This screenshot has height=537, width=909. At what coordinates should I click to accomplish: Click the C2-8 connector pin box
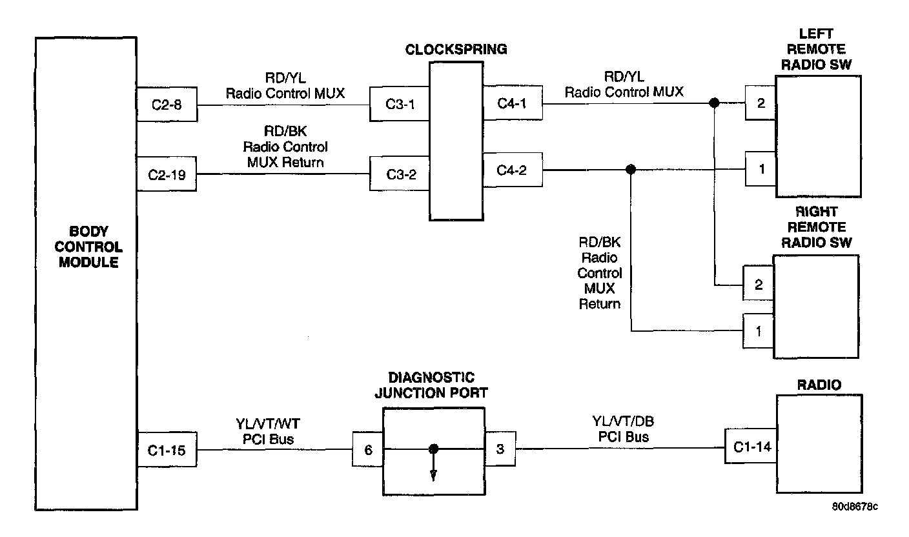tap(167, 104)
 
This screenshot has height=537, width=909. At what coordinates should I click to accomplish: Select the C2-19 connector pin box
tap(167, 174)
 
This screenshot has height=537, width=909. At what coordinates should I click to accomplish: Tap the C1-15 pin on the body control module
tap(167, 449)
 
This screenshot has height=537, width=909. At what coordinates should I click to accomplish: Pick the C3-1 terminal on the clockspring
tap(400, 104)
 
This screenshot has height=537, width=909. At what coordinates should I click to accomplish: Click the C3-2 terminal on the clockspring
tap(400, 174)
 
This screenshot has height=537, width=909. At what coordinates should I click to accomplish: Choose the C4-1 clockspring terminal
tap(513, 103)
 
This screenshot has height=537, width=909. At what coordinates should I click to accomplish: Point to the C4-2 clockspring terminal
tap(513, 170)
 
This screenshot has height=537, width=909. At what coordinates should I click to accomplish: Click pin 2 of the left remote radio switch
tap(761, 103)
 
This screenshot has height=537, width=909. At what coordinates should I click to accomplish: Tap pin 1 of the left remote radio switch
tap(761, 168)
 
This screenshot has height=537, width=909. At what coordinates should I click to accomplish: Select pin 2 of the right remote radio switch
tap(758, 283)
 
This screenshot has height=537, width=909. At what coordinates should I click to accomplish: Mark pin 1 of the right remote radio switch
tap(758, 331)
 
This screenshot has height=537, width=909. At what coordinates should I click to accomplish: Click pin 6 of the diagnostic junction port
tap(367, 449)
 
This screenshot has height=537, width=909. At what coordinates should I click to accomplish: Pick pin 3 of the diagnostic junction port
tap(500, 449)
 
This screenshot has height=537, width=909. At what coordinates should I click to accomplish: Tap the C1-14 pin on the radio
tap(751, 446)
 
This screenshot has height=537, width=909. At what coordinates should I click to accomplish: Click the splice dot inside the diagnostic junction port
tap(433, 449)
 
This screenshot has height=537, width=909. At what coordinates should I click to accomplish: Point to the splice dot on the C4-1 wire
tap(714, 103)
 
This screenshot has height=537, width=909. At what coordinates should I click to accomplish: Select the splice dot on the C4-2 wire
tap(631, 169)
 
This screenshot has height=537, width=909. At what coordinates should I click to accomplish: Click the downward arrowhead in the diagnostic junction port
tap(433, 475)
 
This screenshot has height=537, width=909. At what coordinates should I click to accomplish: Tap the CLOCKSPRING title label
tap(456, 50)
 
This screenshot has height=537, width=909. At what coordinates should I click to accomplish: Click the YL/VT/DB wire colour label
tap(623, 421)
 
